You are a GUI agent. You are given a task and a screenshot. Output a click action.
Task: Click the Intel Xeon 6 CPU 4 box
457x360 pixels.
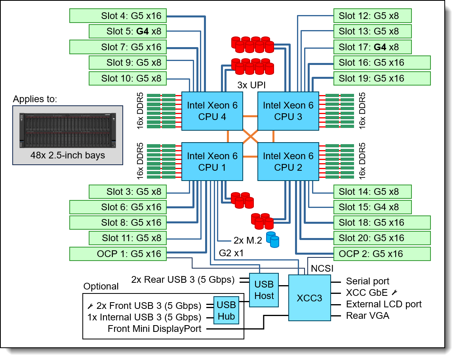(x=212, y=111)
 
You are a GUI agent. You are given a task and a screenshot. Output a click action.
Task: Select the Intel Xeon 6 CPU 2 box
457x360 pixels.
(x=288, y=162)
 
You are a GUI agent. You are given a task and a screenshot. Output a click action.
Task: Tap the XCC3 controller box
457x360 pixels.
(x=309, y=298)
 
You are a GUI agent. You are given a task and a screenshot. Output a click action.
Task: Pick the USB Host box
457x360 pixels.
(x=264, y=290)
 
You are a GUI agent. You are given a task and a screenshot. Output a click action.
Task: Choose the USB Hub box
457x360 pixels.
(x=226, y=311)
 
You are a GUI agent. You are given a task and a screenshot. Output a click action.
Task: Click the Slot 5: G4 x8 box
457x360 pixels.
(x=127, y=31)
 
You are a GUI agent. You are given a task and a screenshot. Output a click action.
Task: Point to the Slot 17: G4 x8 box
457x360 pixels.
(x=372, y=47)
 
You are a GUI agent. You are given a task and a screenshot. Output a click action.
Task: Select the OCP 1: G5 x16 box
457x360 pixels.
(x=118, y=254)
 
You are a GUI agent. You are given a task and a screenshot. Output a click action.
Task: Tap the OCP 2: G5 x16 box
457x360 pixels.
(x=382, y=254)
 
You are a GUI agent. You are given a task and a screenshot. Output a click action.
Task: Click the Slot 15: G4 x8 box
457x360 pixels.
(x=372, y=207)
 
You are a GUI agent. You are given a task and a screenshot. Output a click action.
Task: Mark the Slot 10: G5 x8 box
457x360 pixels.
(x=127, y=78)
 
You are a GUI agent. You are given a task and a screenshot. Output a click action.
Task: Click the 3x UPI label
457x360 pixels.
(x=251, y=85)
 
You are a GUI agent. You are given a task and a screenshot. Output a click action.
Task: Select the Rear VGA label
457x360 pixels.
(x=368, y=316)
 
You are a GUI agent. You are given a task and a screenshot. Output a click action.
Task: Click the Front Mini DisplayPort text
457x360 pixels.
(x=154, y=329)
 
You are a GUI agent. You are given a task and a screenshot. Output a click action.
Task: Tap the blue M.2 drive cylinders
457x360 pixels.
(x=272, y=239)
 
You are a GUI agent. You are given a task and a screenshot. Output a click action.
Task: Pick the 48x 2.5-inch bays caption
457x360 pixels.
(x=68, y=155)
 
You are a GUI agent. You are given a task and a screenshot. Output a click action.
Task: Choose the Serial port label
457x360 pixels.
(x=368, y=282)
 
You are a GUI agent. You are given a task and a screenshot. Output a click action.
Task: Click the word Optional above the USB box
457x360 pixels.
(x=101, y=286)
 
